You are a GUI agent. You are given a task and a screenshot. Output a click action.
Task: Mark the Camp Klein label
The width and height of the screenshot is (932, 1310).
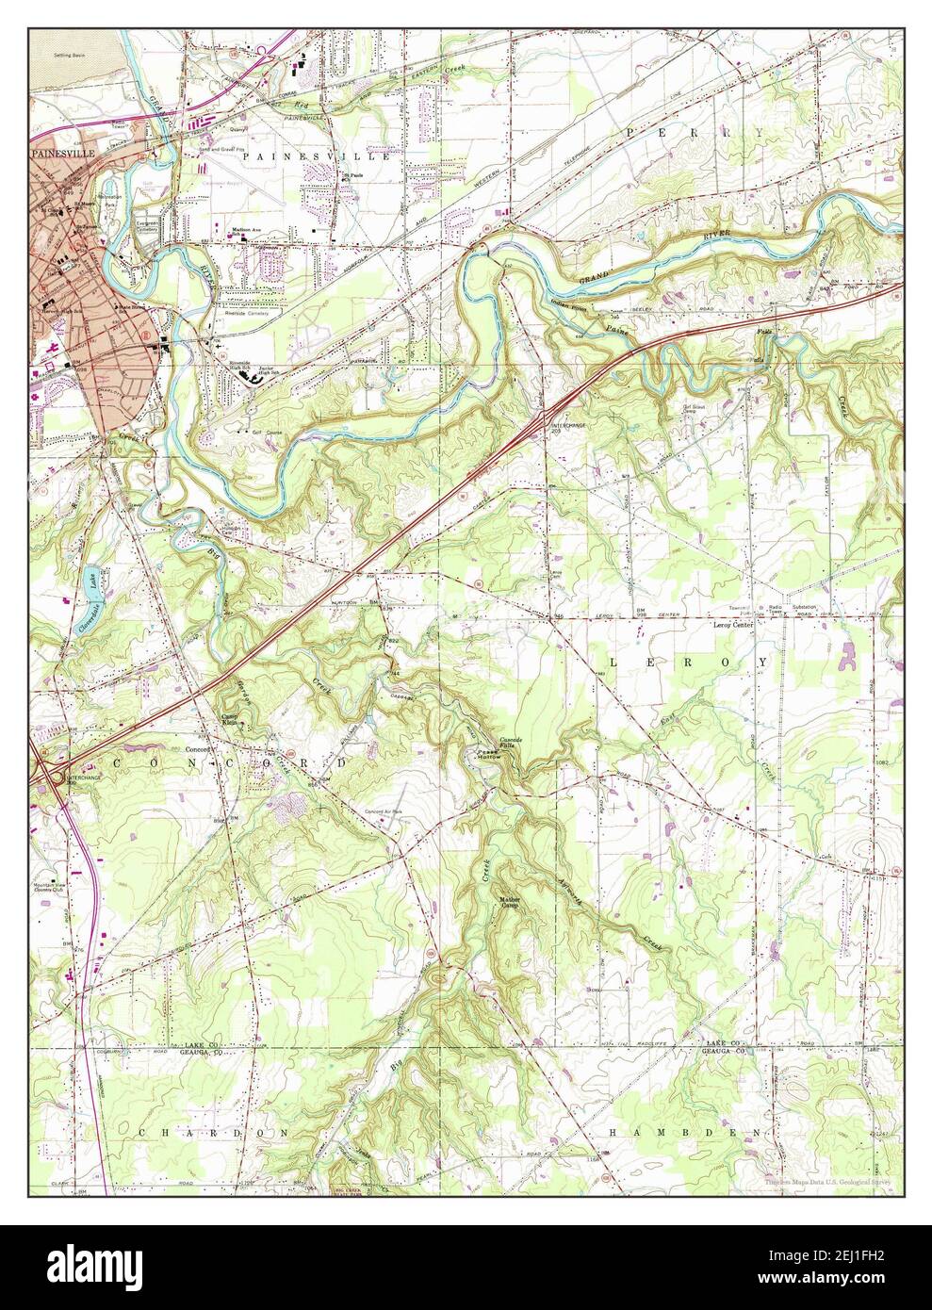point(232,719)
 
